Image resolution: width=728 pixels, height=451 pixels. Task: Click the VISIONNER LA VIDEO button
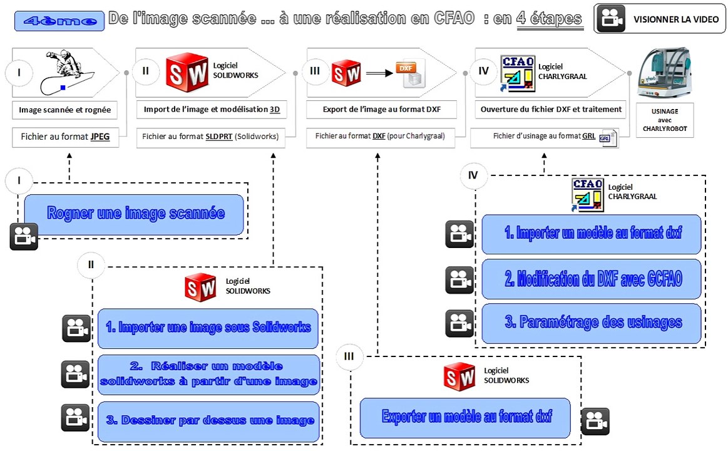coord(659,19)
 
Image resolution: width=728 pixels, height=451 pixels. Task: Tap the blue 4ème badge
coord(59,21)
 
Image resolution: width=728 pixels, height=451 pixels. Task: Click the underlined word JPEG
coord(100,137)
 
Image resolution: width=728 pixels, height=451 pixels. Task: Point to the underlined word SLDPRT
coord(218,137)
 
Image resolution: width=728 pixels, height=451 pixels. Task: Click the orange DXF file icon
coord(411,73)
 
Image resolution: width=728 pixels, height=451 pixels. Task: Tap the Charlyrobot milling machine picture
coord(665,73)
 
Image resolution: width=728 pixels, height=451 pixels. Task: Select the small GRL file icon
coord(607,138)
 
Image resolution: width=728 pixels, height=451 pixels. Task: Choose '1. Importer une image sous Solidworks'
coord(208,328)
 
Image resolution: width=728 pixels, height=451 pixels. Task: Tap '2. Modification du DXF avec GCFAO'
coord(592,279)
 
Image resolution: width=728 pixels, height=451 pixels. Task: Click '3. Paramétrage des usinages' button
coord(592,323)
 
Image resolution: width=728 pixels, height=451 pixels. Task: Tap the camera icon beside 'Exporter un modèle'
coord(595,422)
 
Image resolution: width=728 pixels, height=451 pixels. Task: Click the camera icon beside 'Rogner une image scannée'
coord(24,236)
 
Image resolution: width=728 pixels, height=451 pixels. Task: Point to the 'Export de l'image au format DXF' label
coord(382,110)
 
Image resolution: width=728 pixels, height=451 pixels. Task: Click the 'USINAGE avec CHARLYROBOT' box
coord(665,120)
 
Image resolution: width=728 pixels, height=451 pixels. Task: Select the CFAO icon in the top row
coord(518,73)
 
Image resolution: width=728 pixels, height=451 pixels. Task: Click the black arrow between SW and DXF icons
coord(379,73)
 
